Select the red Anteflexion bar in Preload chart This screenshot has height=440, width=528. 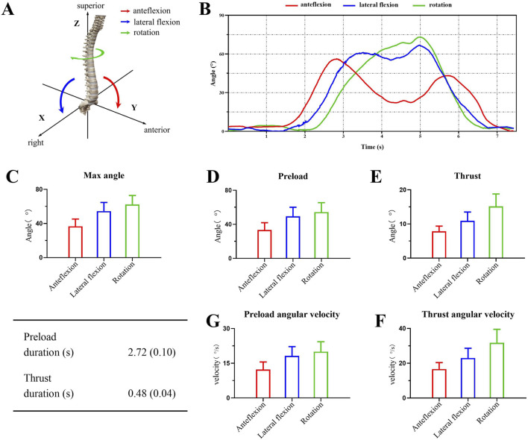[264, 243]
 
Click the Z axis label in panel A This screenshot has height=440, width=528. [76, 24]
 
